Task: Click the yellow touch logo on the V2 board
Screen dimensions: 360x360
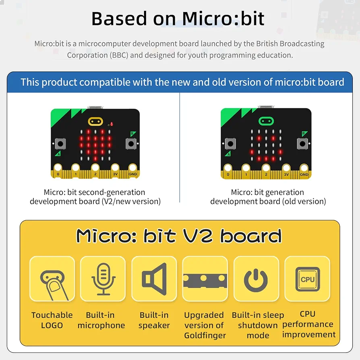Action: [x=95, y=122]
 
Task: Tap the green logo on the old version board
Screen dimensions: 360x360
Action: [x=266, y=121]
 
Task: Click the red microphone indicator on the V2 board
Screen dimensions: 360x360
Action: [x=112, y=124]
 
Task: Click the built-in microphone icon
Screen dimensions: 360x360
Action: [x=103, y=279]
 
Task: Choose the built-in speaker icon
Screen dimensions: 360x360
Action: [x=154, y=279]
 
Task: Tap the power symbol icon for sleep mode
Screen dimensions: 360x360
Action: [x=256, y=281]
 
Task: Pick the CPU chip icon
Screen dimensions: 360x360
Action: [x=307, y=279]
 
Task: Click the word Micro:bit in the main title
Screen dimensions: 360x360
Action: [x=223, y=19]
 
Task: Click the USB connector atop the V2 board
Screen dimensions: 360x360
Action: [x=95, y=107]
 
